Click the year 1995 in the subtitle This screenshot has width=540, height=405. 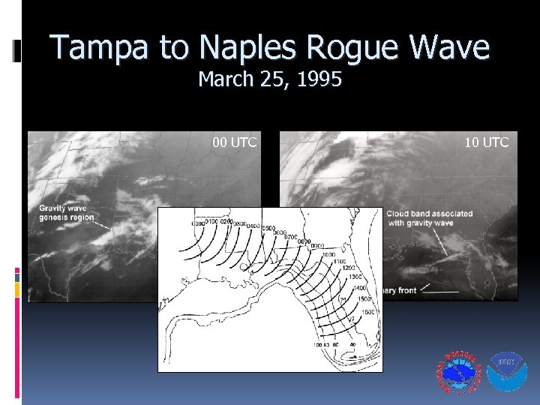click(x=319, y=79)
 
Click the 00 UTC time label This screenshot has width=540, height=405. click(x=234, y=142)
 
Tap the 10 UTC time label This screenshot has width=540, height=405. click(x=486, y=142)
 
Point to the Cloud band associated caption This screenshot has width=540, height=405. click(x=430, y=217)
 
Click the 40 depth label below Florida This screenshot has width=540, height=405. click(x=353, y=345)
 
